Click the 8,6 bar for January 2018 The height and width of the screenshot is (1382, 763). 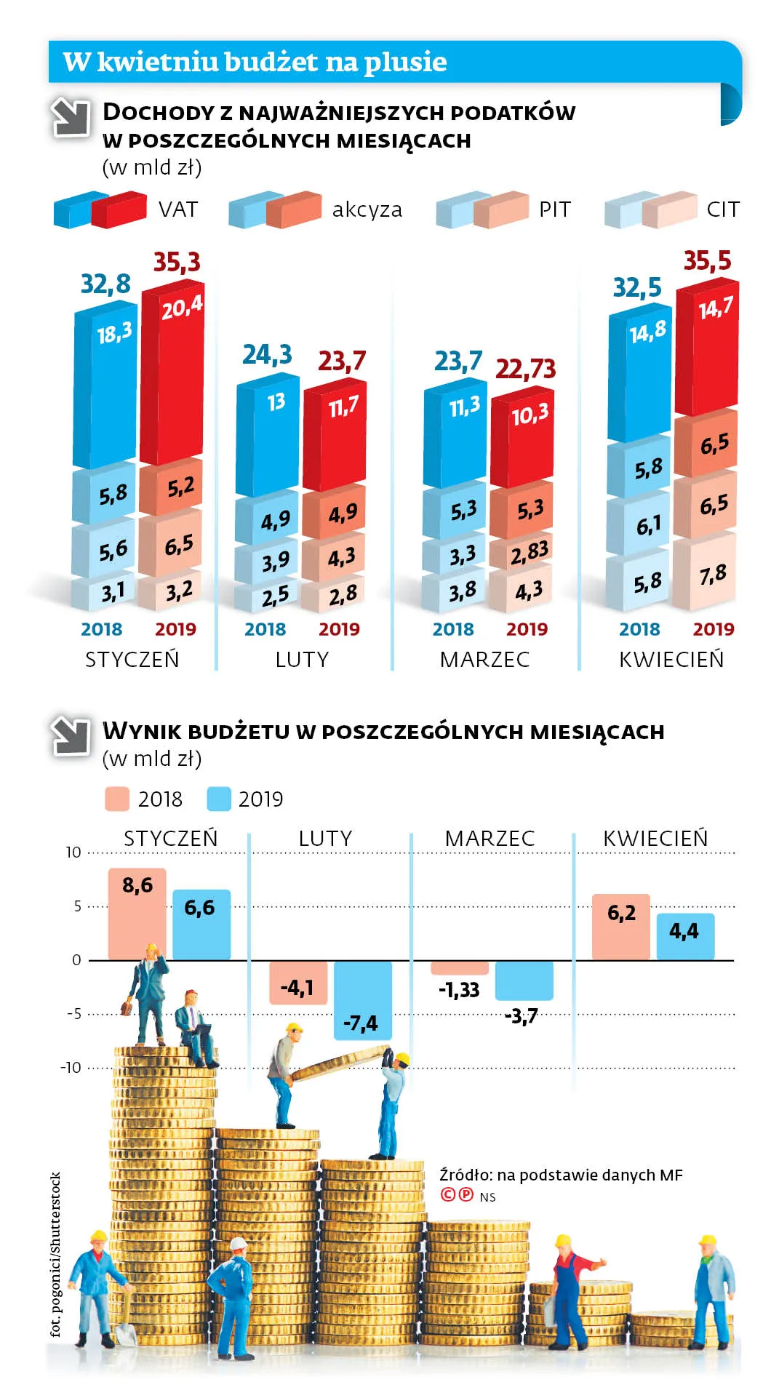pos(137,914)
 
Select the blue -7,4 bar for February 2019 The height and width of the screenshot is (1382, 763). pos(362,1000)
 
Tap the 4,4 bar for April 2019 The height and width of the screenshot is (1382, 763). pos(685,937)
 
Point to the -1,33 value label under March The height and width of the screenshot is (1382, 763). pos(459,990)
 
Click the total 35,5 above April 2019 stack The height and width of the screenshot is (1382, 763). pos(707,260)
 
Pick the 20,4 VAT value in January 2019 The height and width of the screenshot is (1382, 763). pos(182,308)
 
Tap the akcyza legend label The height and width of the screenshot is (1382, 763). pos(367,209)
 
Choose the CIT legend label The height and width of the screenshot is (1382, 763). pos(723,209)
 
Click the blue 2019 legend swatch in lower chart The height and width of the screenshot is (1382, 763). pos(219,799)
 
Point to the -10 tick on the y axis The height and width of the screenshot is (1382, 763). pos(71,1068)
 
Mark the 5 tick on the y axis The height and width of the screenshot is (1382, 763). pos(77,906)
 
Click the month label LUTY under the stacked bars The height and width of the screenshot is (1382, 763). pos(302,660)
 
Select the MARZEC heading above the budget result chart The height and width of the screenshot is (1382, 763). pos(490,838)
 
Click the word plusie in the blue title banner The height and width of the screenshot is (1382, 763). pos(405,63)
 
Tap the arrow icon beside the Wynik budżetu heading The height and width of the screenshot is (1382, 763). pos(70,735)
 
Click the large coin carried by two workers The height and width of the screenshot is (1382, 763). pos(341,1063)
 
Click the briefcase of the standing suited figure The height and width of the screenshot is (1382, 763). pos(127,1009)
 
